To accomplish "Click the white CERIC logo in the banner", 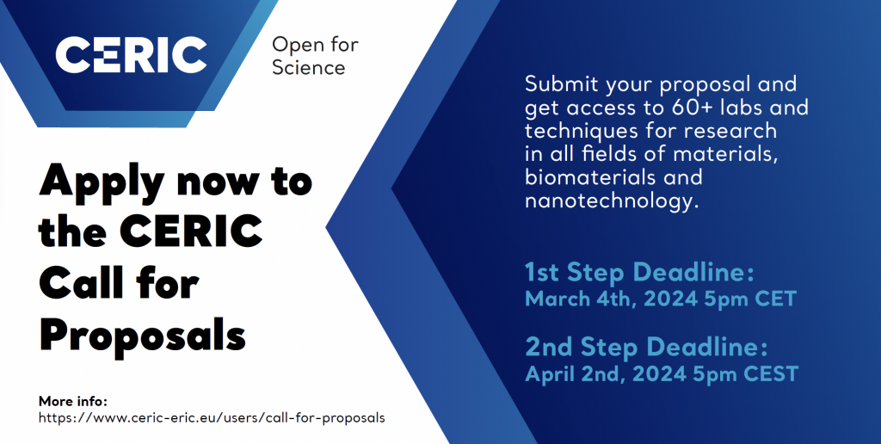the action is click(x=131, y=55).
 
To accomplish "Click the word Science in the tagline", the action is click(x=309, y=67).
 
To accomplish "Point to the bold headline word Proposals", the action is click(x=142, y=336).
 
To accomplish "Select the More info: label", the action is click(x=72, y=401).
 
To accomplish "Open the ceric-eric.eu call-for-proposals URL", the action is click(x=212, y=418).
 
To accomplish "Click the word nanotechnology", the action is click(x=612, y=201).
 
